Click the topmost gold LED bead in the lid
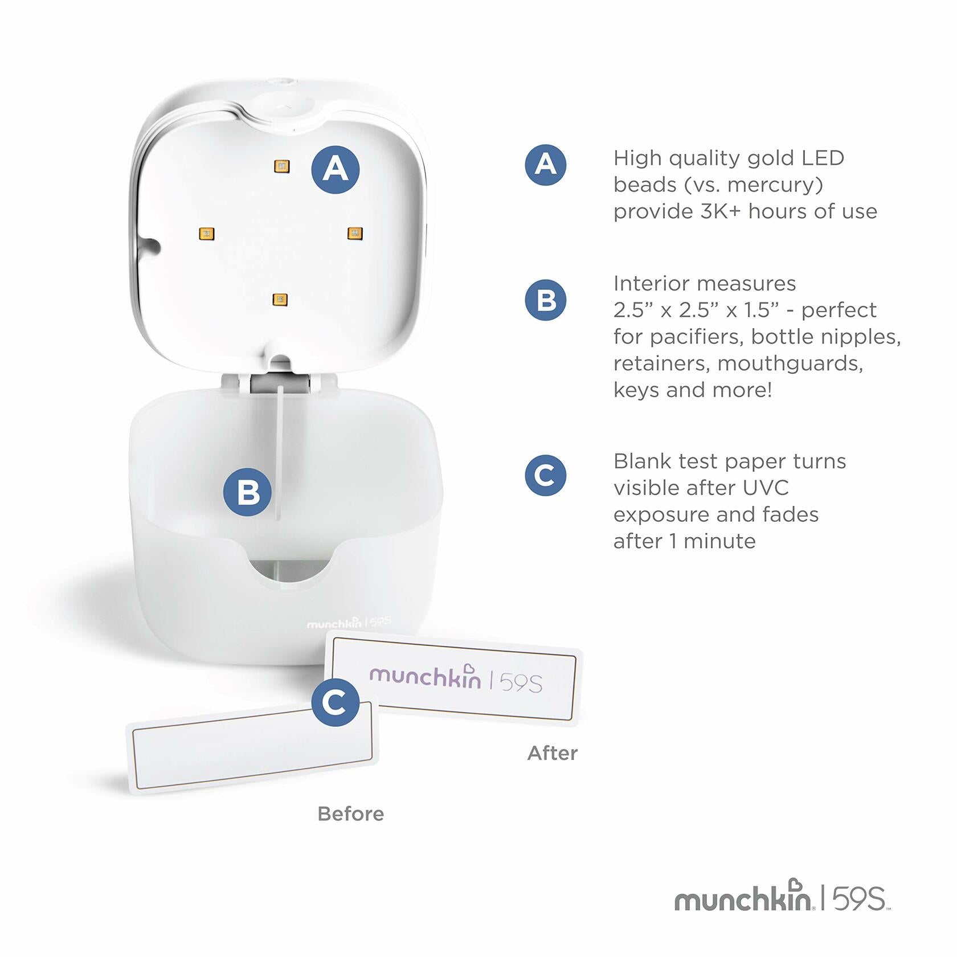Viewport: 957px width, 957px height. [x=281, y=166]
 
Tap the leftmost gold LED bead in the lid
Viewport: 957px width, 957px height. [x=206, y=234]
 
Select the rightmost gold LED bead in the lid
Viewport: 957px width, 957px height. [x=355, y=233]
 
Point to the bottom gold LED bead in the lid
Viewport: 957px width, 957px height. [x=280, y=300]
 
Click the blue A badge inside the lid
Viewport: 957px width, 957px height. [x=336, y=170]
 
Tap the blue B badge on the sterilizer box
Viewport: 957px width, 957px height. [x=247, y=492]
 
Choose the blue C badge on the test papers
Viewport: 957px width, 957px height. [x=336, y=702]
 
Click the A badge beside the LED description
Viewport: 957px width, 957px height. [x=546, y=165]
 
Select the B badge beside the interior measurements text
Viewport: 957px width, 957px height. [x=546, y=300]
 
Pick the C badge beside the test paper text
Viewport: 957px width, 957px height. [x=546, y=475]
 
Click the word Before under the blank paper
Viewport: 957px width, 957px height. [x=351, y=814]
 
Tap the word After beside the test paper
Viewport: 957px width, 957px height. [x=553, y=753]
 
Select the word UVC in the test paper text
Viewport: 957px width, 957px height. [x=766, y=488]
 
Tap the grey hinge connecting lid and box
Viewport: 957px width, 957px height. [x=280, y=382]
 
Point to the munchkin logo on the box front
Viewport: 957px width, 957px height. [x=334, y=623]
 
